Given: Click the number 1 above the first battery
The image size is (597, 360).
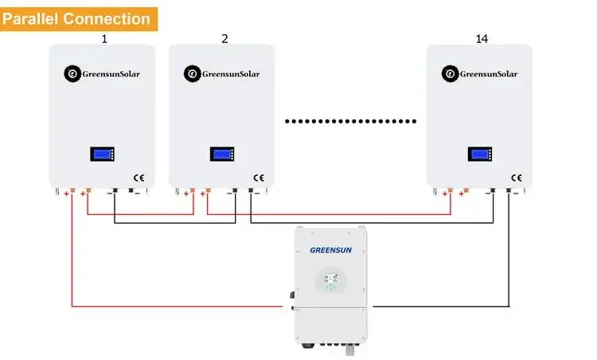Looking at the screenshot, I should [103, 37].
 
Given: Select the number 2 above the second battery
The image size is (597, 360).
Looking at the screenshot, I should [224, 37].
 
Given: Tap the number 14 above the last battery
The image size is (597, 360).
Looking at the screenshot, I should [481, 37].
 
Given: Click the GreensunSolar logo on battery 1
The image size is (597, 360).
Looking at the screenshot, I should [101, 74].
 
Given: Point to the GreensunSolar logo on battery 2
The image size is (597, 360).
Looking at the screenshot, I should [221, 74].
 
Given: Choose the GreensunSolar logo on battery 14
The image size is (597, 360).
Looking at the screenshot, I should [479, 74].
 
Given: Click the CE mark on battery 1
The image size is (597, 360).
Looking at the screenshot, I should [138, 178].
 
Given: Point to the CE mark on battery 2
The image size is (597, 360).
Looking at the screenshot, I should [258, 178].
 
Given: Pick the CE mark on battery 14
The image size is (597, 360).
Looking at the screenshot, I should [516, 178].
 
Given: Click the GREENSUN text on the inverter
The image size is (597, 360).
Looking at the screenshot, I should [330, 249].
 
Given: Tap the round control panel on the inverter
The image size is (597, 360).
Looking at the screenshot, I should [331, 280].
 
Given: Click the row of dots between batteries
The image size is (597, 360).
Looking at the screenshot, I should [351, 122].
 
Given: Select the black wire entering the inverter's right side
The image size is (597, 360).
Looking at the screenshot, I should [438, 306].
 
